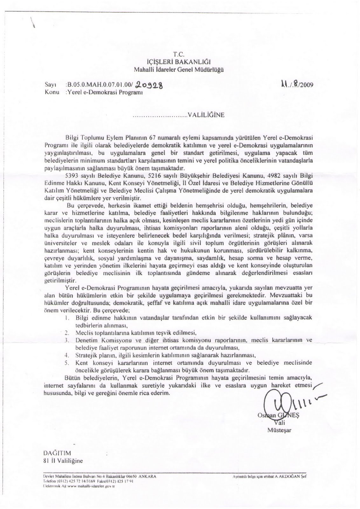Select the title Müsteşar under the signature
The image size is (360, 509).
pyautogui.click(x=280, y=430)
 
